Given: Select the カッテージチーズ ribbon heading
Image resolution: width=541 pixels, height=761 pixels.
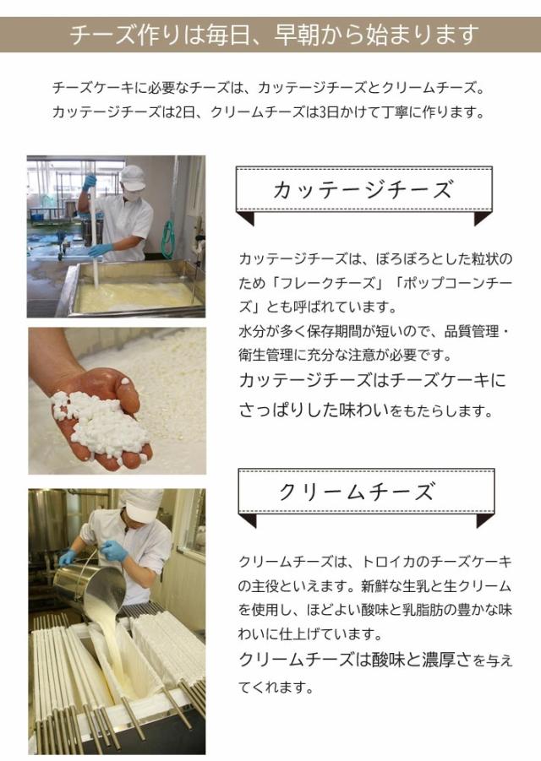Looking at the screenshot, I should pos(363,189).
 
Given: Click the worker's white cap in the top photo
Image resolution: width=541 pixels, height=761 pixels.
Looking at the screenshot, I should pos(132,175).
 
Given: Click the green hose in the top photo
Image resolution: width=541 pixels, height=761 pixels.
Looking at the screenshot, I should pos(167,236).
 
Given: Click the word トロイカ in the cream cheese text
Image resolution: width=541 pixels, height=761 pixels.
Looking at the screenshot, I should pos(386,561).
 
